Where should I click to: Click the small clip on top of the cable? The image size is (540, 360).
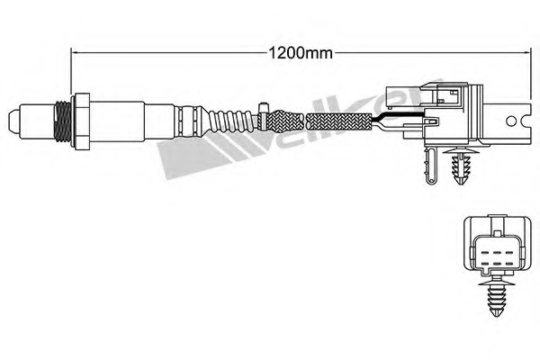click(265, 110)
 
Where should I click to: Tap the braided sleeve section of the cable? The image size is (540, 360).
click(333, 121)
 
